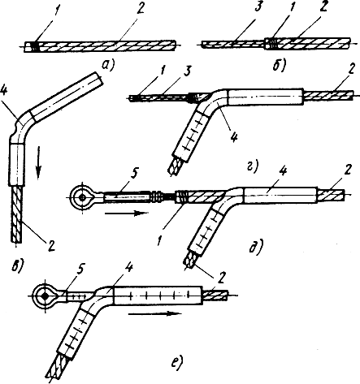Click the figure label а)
pyautogui.click(x=108, y=65)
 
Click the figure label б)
pyautogui.click(x=280, y=66)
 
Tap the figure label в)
pyautogui.click(x=16, y=264)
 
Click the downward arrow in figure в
pyautogui.click(x=38, y=162)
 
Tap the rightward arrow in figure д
pyautogui.click(x=127, y=214)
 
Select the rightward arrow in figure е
pyautogui.click(x=154, y=313)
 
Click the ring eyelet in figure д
pyautogui.click(x=82, y=197)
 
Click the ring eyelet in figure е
pyautogui.click(x=45, y=296)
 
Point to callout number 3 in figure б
pyautogui.click(x=258, y=8)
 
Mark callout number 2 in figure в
pyautogui.click(x=51, y=245)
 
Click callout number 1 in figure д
pyautogui.click(x=159, y=239)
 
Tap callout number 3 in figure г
pyautogui.click(x=186, y=71)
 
